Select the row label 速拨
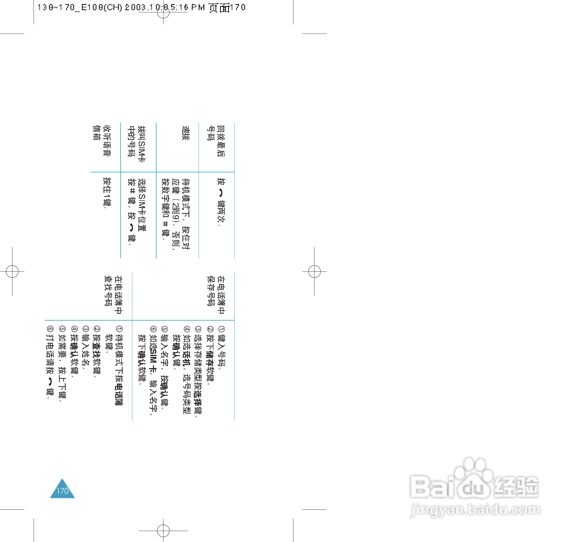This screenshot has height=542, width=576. coord(186,133)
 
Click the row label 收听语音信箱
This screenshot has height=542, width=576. coord(102,141)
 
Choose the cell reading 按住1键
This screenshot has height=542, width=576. coord(107,192)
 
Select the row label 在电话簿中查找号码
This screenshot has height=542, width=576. coord(113,295)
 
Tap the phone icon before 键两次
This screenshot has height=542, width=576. coord(221,193)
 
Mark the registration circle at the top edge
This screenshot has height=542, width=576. coord(163,12)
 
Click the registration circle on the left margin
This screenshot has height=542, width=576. coord(12,272)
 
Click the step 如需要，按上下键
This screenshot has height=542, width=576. coord(62,366)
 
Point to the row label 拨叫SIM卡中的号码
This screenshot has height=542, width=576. coord(136,144)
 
